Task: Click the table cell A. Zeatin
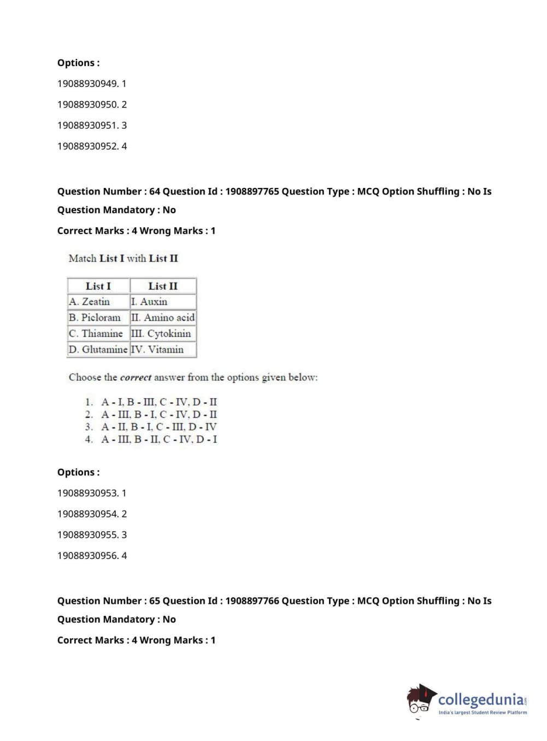(x=90, y=302)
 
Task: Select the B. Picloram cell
(x=95, y=317)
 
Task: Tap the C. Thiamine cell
(x=96, y=333)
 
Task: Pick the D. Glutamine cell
(x=98, y=349)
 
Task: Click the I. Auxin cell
(x=149, y=302)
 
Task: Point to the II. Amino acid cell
(x=163, y=317)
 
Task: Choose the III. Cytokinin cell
(x=161, y=333)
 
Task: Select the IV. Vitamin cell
(x=157, y=349)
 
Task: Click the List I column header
(x=98, y=286)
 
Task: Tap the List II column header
(x=163, y=286)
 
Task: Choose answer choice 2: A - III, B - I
(x=158, y=414)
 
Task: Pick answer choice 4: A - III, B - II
(x=158, y=439)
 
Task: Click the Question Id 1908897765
(x=252, y=191)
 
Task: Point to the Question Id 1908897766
(x=252, y=601)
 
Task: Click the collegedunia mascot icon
(x=421, y=699)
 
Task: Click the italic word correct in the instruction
(x=136, y=378)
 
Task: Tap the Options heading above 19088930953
(x=79, y=472)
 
